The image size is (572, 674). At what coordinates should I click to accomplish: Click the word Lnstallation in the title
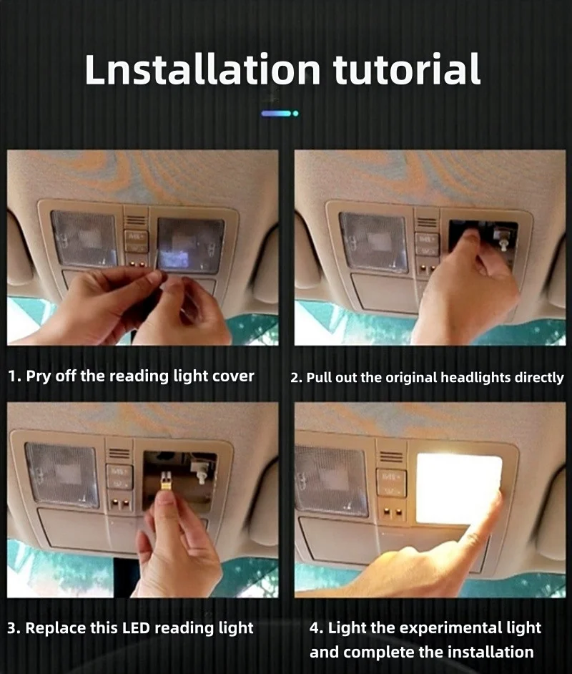[x=202, y=69]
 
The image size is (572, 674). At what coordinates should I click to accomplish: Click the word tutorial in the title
[x=407, y=69]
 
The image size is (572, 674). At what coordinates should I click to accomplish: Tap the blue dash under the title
[x=277, y=114]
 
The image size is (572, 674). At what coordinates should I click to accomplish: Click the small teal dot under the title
[x=295, y=114]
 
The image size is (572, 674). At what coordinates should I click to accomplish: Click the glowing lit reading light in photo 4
[x=458, y=488]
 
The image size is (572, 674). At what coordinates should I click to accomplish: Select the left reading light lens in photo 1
[x=84, y=239]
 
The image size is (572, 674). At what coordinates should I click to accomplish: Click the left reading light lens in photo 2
[x=374, y=242]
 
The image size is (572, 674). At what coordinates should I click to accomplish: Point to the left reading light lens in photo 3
[x=61, y=474]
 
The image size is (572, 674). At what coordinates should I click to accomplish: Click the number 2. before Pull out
[x=296, y=378]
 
